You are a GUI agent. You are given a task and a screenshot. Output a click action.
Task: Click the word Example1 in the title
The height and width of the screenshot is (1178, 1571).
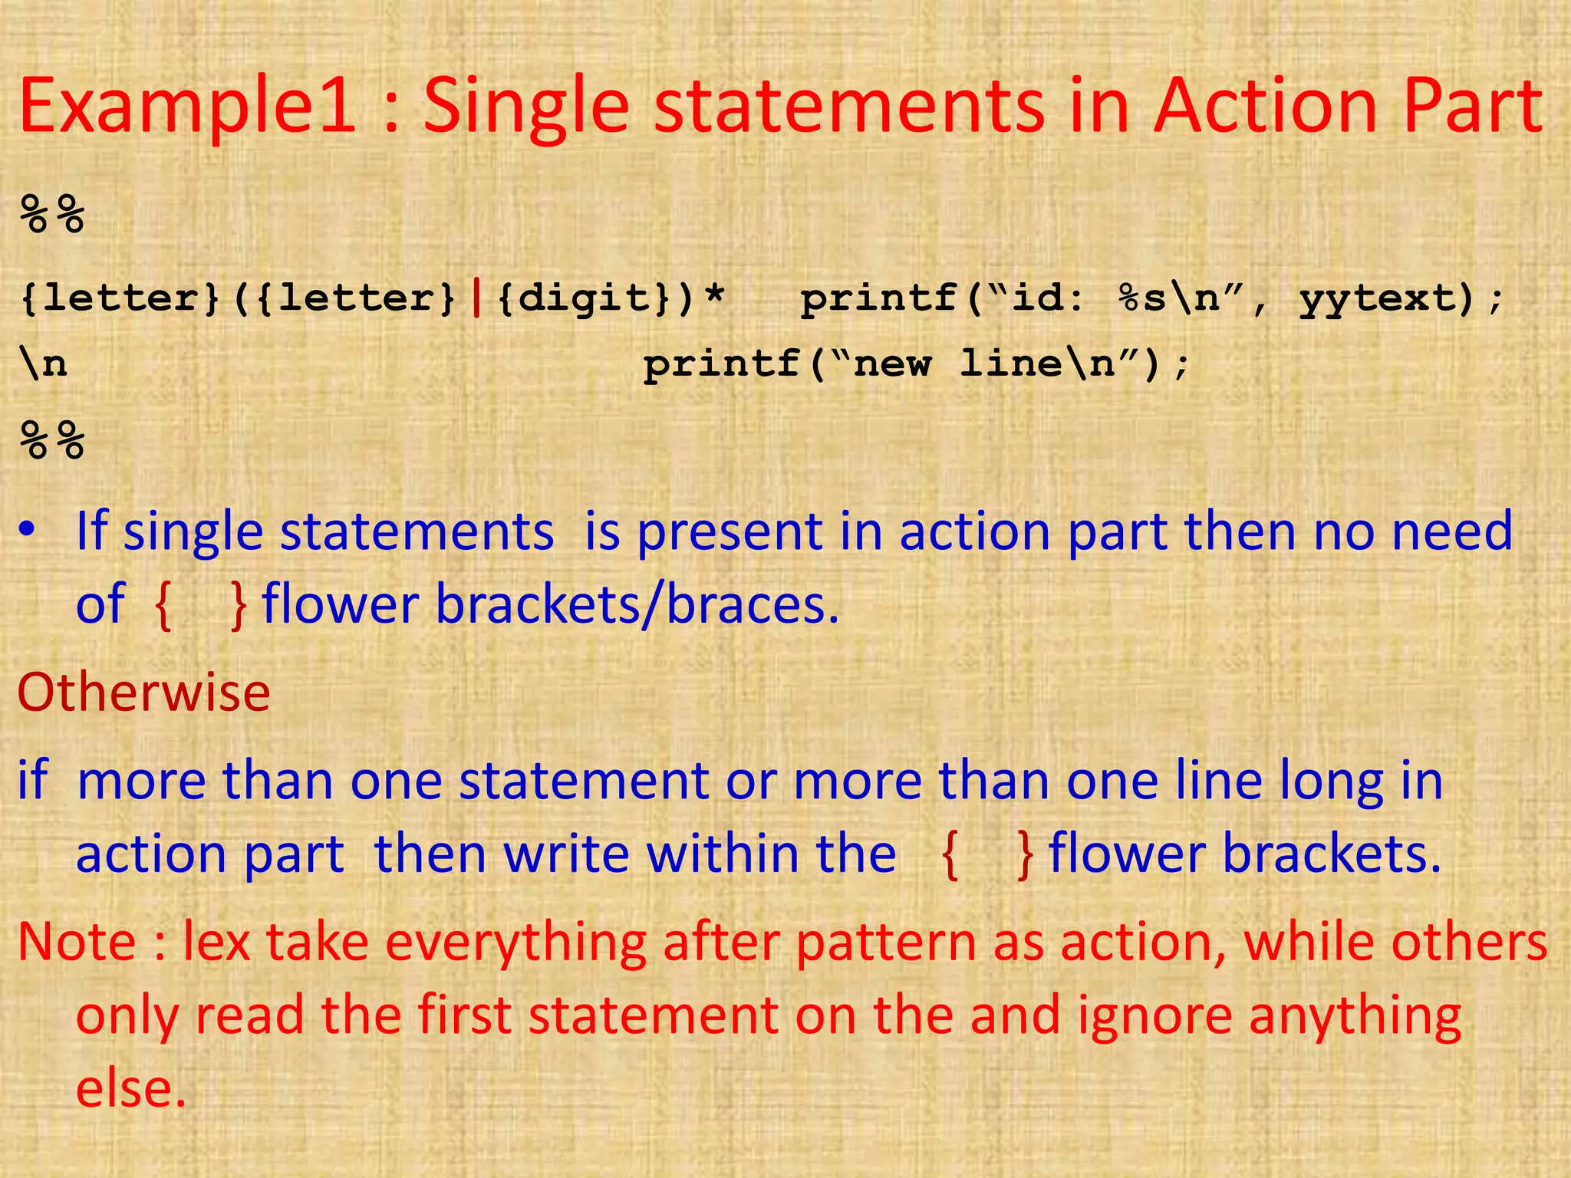(187, 107)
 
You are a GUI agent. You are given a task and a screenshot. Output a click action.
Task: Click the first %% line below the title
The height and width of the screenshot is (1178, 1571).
(52, 214)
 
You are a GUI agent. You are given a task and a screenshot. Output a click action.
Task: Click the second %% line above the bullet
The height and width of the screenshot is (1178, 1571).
(52, 440)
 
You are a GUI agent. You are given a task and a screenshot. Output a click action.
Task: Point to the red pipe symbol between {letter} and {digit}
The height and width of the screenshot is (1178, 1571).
(477, 298)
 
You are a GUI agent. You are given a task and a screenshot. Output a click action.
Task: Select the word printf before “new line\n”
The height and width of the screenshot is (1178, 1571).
(723, 364)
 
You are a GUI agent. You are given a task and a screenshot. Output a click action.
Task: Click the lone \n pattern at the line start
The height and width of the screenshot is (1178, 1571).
(44, 364)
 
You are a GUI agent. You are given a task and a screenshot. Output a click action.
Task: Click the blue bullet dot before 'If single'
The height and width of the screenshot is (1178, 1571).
(28, 531)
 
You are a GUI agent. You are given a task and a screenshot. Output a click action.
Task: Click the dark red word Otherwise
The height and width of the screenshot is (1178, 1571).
(143, 692)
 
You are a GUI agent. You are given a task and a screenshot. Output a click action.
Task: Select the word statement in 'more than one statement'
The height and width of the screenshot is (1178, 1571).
(584, 781)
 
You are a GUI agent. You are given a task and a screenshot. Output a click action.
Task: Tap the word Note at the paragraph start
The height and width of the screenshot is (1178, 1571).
(77, 942)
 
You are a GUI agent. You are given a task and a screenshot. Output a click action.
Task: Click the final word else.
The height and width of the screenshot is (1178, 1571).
(130, 1088)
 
